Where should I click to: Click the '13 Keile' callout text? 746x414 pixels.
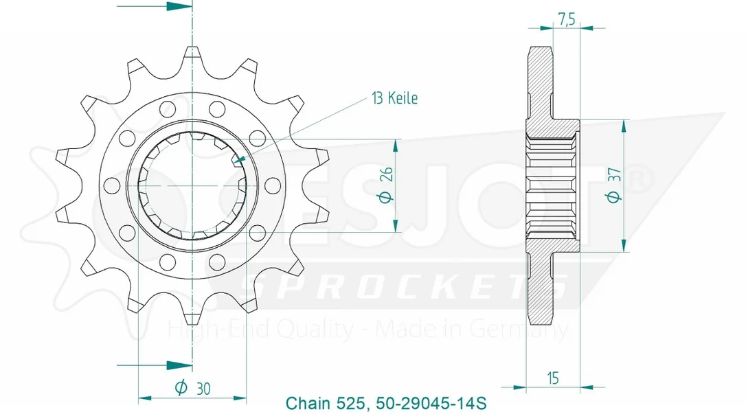395,98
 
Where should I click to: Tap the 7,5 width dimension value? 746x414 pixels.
566,19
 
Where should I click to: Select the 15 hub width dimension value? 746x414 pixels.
553,378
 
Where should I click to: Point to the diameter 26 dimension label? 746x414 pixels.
387,185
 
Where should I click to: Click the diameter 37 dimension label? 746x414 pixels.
614,185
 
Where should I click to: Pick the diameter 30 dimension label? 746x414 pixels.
193,389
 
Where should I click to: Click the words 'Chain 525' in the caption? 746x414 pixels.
325,403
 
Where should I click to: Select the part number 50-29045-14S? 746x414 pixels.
431,403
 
